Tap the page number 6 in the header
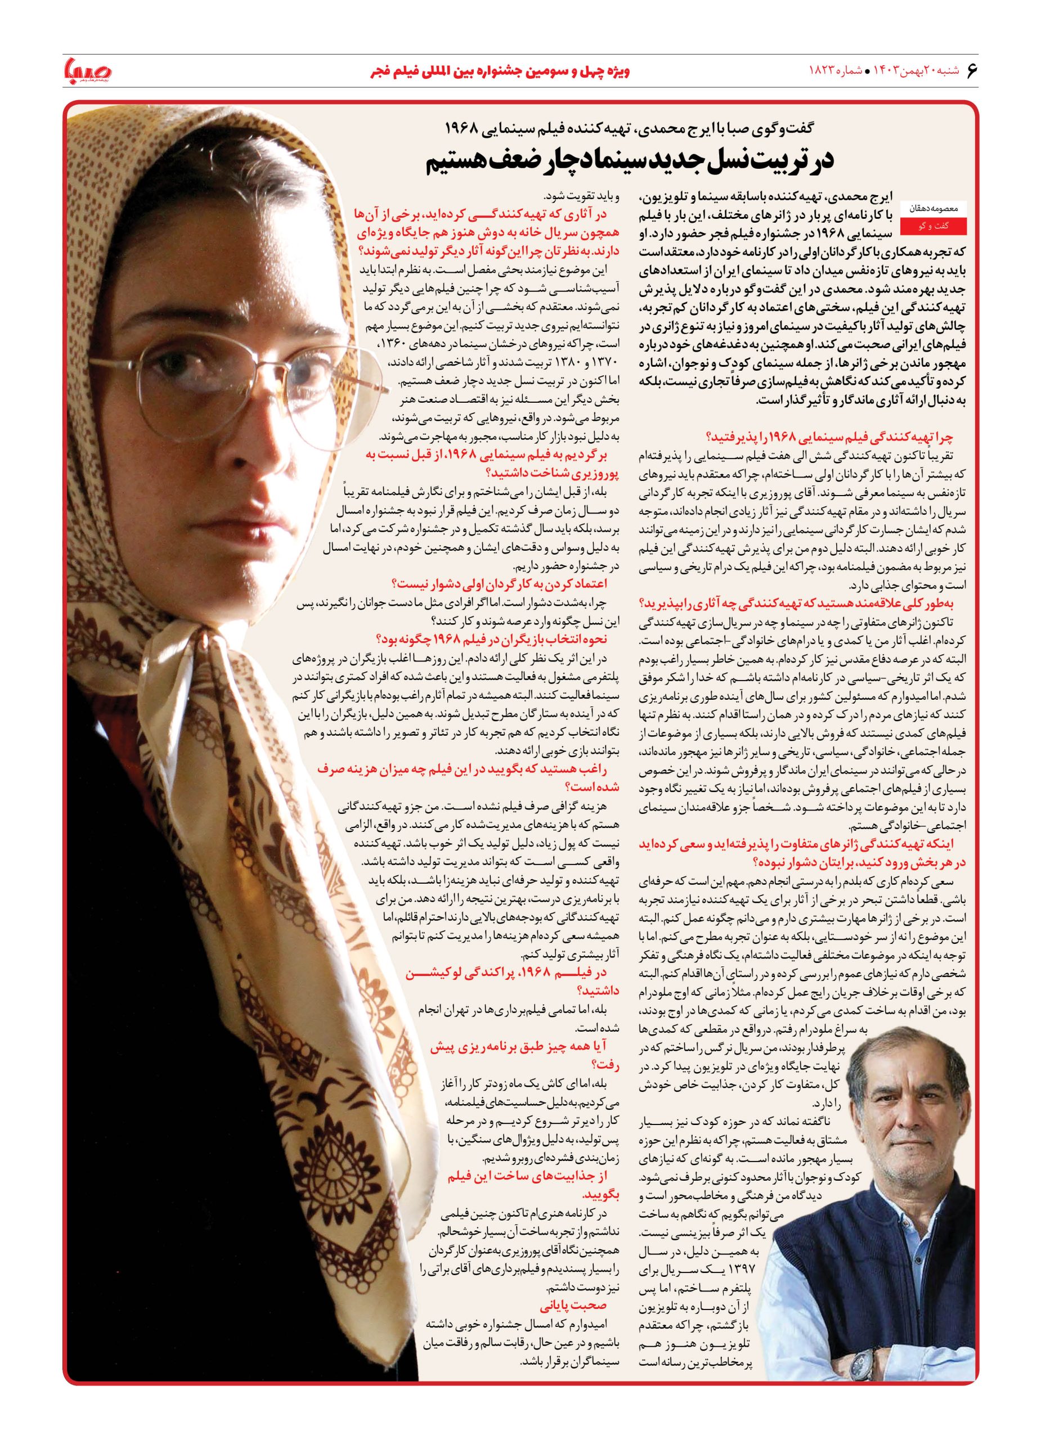[x=970, y=70]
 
